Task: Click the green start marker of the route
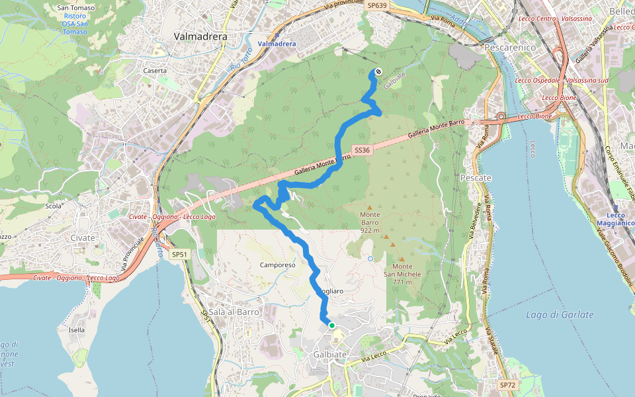331,326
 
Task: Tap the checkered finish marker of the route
378,71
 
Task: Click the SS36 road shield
361,150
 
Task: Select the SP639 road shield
376,5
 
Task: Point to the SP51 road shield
179,254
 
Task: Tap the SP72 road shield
507,384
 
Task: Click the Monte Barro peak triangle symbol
370,208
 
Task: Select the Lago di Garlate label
560,315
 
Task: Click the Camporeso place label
278,265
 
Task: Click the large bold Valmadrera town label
200,37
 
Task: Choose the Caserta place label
155,70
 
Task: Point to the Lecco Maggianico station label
620,219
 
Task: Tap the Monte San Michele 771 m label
402,274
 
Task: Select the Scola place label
53,206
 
